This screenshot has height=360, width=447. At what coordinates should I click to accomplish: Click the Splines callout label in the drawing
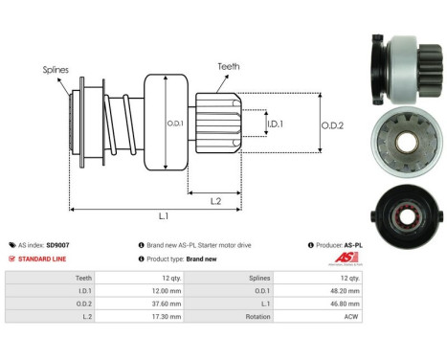coord(55,70)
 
